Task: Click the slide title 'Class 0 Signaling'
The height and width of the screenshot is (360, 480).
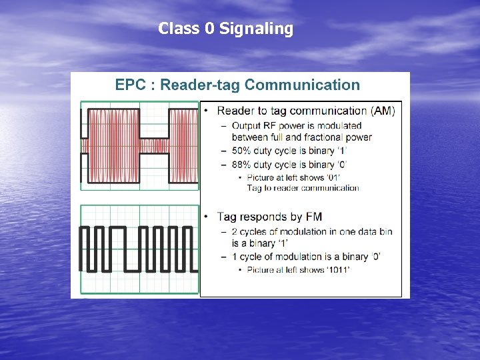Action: point(225,29)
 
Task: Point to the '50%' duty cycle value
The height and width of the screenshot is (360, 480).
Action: point(243,151)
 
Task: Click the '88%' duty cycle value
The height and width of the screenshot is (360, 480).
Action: point(243,164)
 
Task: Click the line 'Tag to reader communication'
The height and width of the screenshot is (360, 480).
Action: point(303,188)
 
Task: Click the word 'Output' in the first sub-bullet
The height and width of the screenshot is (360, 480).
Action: point(246,125)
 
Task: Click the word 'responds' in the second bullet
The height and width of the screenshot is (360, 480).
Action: point(264,217)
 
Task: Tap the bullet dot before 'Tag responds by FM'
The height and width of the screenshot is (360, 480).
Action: point(208,217)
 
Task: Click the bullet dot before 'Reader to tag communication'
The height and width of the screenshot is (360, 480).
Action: point(208,111)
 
